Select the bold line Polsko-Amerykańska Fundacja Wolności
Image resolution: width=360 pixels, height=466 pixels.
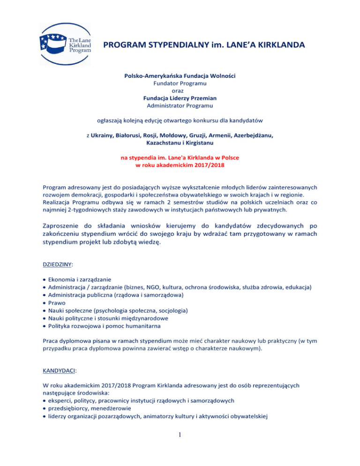(x=180, y=75)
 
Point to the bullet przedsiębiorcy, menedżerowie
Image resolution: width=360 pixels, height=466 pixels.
(x=84, y=409)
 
